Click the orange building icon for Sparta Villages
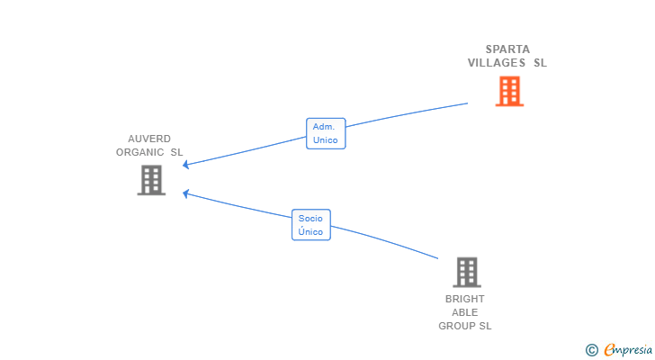coord(509,91)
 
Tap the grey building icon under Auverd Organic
coord(151,180)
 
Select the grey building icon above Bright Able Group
coord(467,273)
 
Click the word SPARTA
coord(507,49)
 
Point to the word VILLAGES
coord(497,63)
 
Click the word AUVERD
coord(149,139)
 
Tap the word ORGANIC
coord(140,152)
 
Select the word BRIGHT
coord(464,299)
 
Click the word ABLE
coord(464,312)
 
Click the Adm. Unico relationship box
coord(326,133)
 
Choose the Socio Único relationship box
coord(311,225)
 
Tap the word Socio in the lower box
coord(310,219)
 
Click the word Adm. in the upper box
coord(324,127)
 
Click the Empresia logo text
coord(628,349)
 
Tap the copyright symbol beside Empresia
coord(591,350)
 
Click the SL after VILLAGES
coord(540,63)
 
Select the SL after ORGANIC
coord(176,152)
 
